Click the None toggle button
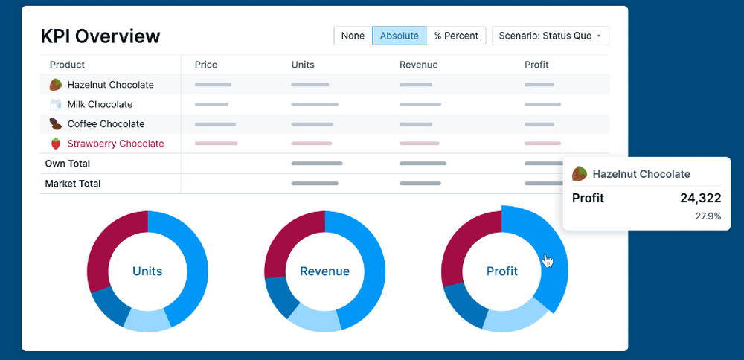click(x=353, y=36)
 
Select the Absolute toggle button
click(x=399, y=36)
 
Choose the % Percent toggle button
click(x=456, y=36)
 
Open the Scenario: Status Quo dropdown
click(x=550, y=36)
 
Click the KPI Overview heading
click(x=100, y=36)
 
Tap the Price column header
click(x=206, y=65)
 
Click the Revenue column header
click(x=418, y=65)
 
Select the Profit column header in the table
click(x=536, y=65)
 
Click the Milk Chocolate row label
click(x=100, y=105)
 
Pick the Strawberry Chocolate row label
click(x=115, y=144)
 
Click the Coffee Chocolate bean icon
click(x=56, y=124)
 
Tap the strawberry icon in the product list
click(x=56, y=144)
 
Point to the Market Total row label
click(x=73, y=184)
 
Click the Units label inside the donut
click(x=147, y=271)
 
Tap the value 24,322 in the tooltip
click(x=700, y=198)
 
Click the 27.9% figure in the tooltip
click(x=708, y=216)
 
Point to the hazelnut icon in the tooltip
click(x=579, y=174)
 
